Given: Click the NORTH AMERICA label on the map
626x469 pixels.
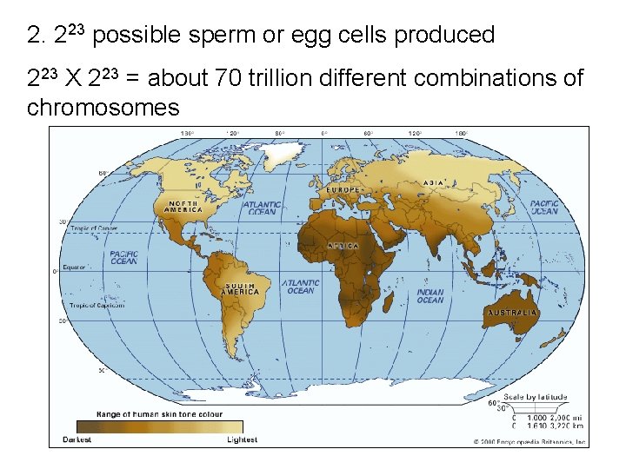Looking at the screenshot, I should pos(184,206).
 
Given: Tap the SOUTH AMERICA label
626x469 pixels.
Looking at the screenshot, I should pos(241,289).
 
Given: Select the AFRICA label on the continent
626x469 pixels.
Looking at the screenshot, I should pos(343,246).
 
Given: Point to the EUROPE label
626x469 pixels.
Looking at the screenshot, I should pos(343,189).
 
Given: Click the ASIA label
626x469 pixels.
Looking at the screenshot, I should pos(434,182).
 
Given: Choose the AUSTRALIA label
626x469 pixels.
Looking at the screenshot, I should pos(512,312).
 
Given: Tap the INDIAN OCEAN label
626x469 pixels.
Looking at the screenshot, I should pos(430,296).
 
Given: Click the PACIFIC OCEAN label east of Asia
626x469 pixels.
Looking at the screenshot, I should pos(545,207).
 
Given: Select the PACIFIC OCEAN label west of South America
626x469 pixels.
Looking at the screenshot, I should pos(123,257).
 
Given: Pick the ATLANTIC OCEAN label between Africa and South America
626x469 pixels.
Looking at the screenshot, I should pos(300,287).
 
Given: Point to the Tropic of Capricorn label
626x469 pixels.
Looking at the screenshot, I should pos(94,305).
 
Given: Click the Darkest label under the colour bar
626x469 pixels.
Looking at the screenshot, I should pos(77,439).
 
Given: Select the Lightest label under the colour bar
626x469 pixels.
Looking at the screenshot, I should pos(243,439).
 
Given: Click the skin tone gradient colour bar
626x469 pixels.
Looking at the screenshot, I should pos(159,426).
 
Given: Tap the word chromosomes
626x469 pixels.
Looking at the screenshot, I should pos(103,108).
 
